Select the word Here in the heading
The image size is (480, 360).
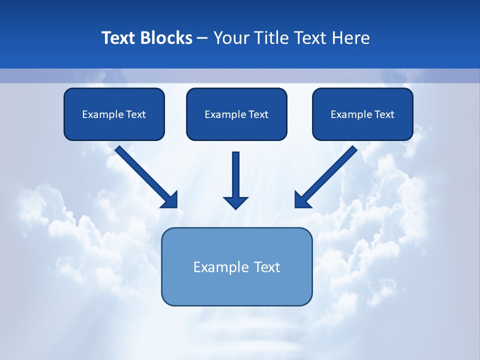coord(350,38)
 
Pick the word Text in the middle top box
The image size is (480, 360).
coord(258,114)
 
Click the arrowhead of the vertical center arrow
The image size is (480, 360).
coord(235,202)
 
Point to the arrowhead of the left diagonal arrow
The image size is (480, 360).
coord(170,200)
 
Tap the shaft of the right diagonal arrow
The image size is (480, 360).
coord(332,170)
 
